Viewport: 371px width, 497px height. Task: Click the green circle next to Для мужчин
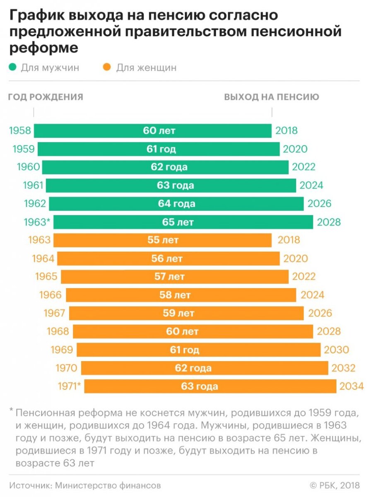[12, 67]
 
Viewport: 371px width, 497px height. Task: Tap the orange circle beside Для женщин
[107, 67]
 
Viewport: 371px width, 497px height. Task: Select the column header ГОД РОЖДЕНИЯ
[46, 97]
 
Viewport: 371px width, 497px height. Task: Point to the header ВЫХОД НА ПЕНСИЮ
[272, 97]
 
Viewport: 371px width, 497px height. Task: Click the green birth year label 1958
[20, 131]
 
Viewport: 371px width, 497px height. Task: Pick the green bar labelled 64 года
[176, 204]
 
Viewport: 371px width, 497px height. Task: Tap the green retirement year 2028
[329, 222]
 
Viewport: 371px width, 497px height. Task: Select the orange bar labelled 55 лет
[163, 240]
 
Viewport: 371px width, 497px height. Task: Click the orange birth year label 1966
[51, 295]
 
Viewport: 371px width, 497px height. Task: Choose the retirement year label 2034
[351, 386]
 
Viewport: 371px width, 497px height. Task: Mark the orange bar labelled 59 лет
[186, 313]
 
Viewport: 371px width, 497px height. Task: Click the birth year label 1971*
[70, 386]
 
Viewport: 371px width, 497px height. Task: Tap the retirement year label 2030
[336, 350]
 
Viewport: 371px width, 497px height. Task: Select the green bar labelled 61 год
[159, 149]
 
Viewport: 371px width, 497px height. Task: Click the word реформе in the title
[43, 47]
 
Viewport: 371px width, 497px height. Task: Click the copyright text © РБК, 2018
[335, 485]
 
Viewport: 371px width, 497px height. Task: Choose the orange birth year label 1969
[62, 350]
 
